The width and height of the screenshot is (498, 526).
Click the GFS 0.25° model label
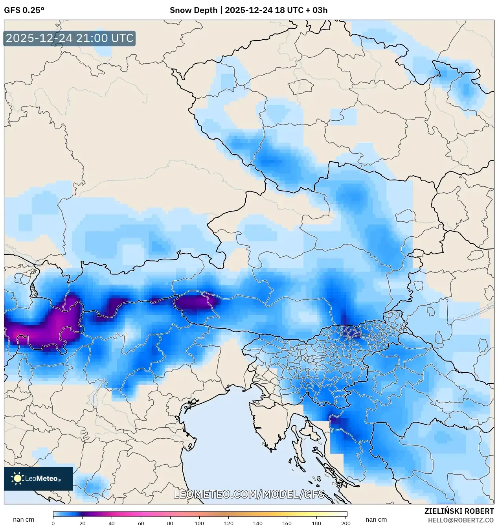coord(24,10)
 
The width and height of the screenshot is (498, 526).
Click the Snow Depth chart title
coord(248,10)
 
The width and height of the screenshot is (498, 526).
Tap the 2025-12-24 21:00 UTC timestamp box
coord(70,39)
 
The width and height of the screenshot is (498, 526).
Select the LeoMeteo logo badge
coord(39,478)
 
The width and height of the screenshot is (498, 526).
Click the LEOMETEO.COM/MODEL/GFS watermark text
coord(249,494)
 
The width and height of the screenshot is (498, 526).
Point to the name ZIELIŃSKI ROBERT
coord(459,511)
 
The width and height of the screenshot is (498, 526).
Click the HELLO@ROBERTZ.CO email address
coord(461,520)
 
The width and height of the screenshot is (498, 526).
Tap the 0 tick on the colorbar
coord(53,523)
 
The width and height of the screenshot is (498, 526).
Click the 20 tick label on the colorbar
coord(82,523)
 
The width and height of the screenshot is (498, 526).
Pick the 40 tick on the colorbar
coord(112,523)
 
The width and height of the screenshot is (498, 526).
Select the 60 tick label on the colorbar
coord(141,523)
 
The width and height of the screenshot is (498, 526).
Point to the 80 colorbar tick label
coord(170,523)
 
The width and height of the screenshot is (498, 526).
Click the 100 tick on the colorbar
coord(199,523)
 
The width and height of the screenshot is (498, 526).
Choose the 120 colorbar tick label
coord(229,523)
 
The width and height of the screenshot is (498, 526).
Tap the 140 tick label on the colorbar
coord(258,523)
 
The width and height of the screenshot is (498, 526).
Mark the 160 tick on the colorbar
coord(287,523)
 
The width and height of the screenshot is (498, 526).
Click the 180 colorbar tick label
coord(316,523)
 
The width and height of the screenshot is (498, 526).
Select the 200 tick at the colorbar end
coord(346,523)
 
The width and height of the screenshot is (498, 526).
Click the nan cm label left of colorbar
coord(24,520)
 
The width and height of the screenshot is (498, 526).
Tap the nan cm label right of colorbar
coord(376,520)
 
